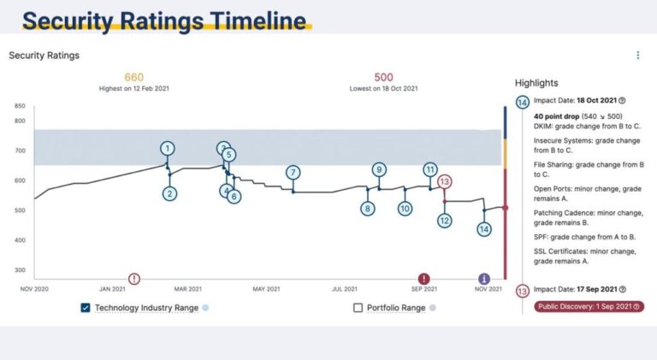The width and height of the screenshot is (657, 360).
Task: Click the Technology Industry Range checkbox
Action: [x=86, y=308]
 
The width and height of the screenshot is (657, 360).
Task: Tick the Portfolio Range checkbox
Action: [x=358, y=308]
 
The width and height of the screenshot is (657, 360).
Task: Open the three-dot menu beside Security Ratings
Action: [x=637, y=56]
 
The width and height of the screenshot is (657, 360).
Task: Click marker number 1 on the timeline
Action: [x=167, y=149]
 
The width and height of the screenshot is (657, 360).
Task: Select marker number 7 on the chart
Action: [x=293, y=173]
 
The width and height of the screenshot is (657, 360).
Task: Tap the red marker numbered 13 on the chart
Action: [x=444, y=181]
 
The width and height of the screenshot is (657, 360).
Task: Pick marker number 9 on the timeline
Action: [x=379, y=169]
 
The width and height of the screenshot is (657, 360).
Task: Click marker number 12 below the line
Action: [x=444, y=221]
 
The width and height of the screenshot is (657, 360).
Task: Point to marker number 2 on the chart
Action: [x=170, y=194]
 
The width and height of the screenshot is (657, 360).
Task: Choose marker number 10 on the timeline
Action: [x=405, y=208]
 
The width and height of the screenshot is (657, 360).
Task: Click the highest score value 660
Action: [x=134, y=78]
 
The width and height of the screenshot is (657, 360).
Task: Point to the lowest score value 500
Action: [x=383, y=78]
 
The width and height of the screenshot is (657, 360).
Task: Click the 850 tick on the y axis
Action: [x=19, y=106]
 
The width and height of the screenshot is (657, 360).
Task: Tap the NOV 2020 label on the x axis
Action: [x=34, y=289]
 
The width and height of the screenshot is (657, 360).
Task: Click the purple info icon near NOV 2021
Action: [x=484, y=279]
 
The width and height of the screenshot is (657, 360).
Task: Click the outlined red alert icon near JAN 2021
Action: [x=134, y=279]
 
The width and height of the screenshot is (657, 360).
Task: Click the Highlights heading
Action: [x=536, y=83]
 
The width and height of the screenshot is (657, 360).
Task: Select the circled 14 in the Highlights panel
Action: [x=522, y=102]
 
